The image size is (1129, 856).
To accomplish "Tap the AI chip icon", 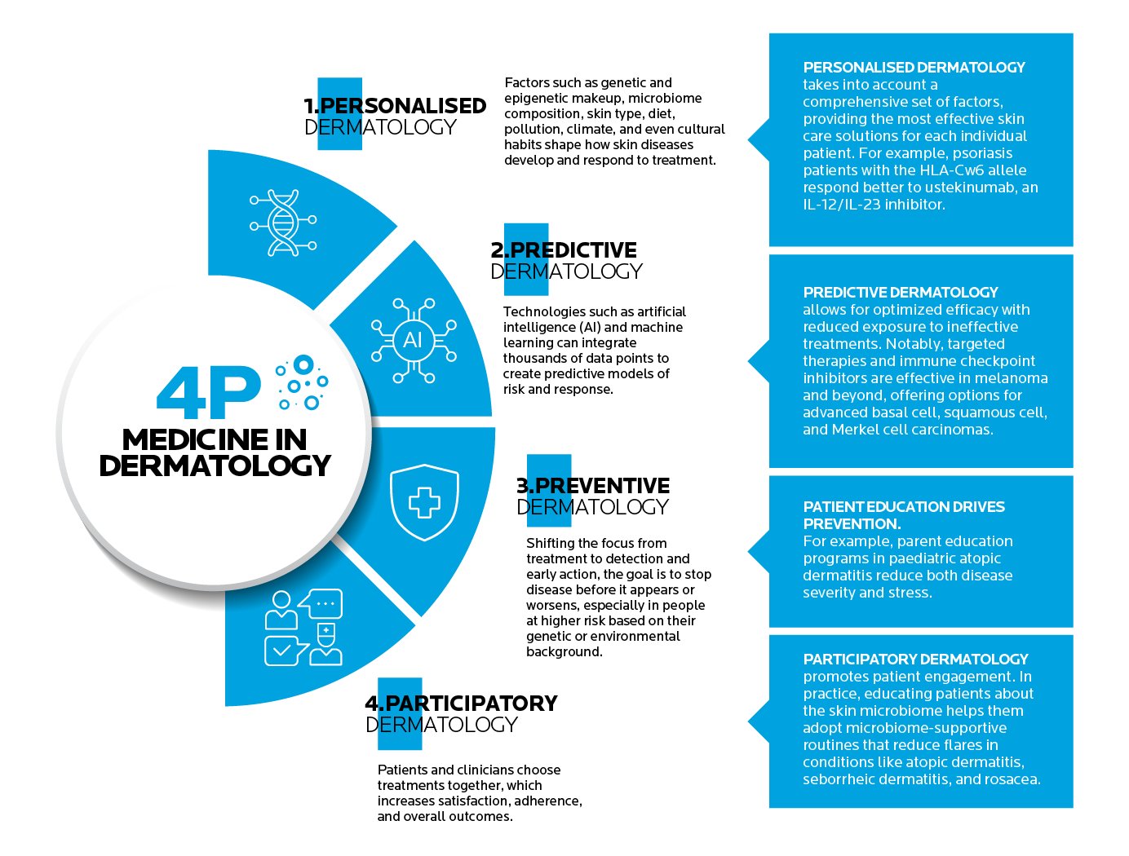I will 413,340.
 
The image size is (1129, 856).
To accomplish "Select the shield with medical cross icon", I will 424,502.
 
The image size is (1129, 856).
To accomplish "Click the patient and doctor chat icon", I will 303,627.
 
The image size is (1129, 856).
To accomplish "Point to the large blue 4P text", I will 209,394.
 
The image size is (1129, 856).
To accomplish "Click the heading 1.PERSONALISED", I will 395,106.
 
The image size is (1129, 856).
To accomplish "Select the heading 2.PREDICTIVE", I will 564,250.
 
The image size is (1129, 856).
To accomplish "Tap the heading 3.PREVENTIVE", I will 593,486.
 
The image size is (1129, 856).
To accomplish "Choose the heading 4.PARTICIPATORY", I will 461,704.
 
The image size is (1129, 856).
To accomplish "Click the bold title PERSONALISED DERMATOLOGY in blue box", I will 914,68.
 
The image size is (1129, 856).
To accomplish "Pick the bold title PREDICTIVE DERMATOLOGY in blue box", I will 901,293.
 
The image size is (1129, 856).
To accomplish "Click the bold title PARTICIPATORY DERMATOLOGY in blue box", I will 915,660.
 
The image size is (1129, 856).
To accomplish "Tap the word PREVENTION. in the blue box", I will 852,524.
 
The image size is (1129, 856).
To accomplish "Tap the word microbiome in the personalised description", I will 665,99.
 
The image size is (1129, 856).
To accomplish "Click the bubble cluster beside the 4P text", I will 302,382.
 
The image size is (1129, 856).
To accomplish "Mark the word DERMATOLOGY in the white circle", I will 215,466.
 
